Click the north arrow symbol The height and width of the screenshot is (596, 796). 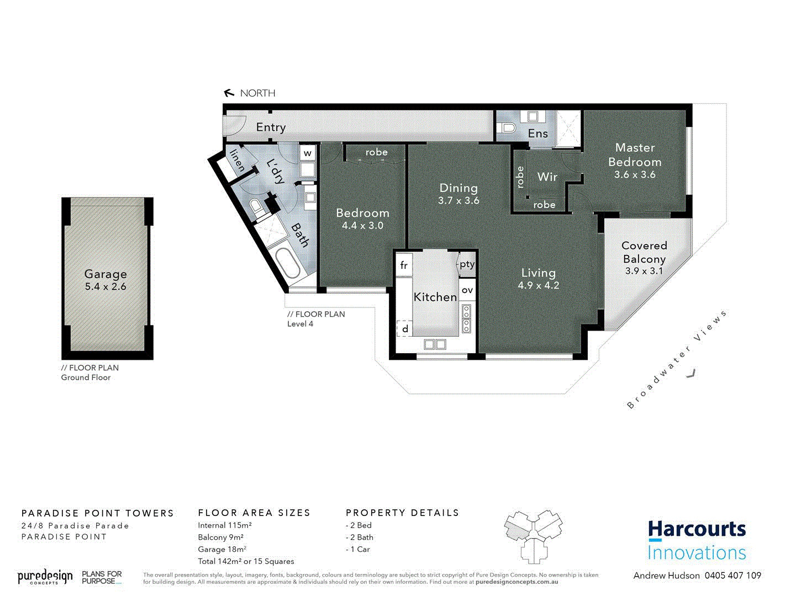229,93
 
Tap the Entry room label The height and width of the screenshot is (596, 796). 271,127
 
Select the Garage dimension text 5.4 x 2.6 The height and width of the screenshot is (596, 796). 106,287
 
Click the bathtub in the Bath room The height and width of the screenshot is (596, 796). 288,263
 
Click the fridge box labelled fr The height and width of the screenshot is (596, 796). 404,265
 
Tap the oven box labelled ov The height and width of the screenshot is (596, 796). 467,290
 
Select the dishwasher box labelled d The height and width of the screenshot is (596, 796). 405,329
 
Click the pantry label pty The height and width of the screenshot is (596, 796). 467,264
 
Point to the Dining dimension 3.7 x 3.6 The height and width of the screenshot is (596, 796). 458,201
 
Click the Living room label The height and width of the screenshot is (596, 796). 539,273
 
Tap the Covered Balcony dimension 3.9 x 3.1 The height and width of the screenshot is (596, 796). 644,271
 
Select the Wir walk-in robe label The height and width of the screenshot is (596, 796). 547,177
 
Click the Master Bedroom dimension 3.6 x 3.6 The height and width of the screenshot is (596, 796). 635,175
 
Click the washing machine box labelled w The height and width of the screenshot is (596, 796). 308,153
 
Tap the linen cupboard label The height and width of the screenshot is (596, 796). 237,160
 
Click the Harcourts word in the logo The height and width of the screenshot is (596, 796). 697,529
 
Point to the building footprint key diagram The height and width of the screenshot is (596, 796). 533,535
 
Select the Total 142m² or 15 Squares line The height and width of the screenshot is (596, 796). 246,561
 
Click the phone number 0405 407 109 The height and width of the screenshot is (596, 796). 732,576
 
